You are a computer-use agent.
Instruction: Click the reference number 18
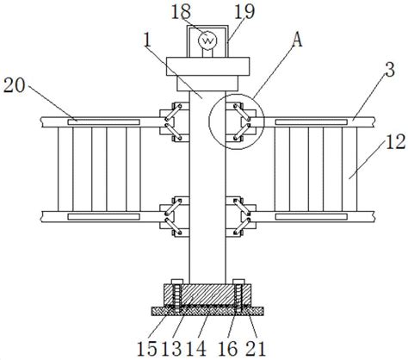tap(181, 11)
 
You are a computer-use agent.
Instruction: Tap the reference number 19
tap(244, 12)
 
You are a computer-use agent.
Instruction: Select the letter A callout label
tap(297, 40)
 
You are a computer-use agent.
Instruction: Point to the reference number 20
tap(15, 85)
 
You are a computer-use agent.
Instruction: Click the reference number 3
tap(390, 70)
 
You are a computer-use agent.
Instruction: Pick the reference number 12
tap(395, 142)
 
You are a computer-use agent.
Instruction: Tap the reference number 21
tap(256, 349)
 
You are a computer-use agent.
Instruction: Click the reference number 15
tap(147, 349)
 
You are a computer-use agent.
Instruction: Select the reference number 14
tap(196, 349)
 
